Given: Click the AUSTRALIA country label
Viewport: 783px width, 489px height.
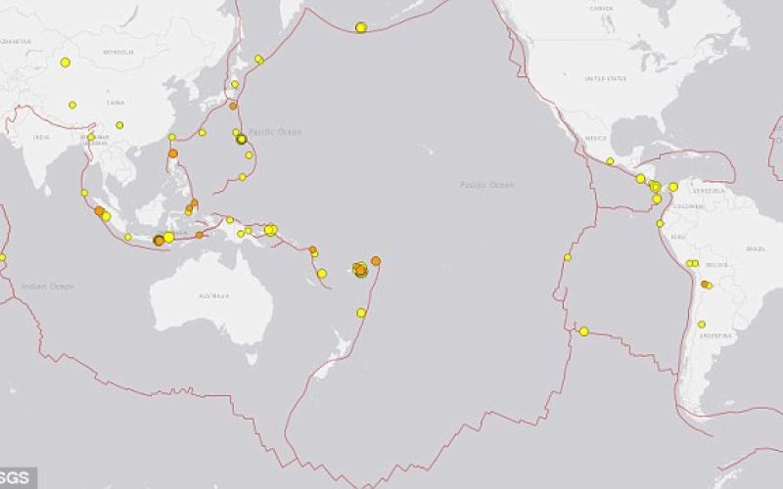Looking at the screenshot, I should (213, 295).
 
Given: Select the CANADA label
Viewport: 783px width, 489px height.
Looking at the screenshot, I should (601, 9).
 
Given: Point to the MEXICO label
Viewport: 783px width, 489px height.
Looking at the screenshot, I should (596, 138).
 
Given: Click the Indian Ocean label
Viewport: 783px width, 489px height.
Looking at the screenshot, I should (48, 287).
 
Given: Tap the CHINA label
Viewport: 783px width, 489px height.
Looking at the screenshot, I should (115, 102).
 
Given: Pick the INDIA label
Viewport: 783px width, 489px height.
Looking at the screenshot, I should (41, 138).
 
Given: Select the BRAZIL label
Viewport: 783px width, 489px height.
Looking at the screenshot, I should (756, 250).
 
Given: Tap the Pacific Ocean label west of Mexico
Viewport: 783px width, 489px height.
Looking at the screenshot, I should (486, 185).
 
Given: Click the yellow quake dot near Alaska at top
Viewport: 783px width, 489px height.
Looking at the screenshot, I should (361, 27).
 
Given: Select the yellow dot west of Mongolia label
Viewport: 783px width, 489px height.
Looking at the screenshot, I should (66, 63).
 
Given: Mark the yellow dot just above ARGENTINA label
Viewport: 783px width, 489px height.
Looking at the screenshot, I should (702, 324).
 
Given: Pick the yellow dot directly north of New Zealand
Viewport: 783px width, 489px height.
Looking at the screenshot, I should (361, 313).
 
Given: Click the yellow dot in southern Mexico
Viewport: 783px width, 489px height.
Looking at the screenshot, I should (610, 161).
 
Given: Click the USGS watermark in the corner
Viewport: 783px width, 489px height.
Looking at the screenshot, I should (17, 479).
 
